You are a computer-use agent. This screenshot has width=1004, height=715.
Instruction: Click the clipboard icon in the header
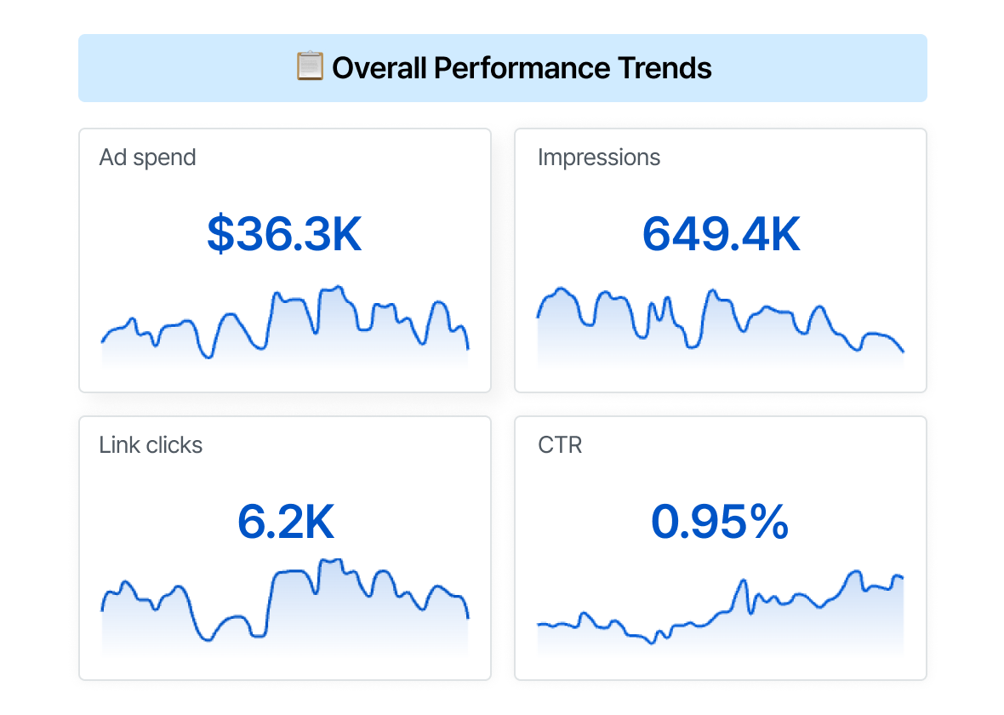[x=310, y=66]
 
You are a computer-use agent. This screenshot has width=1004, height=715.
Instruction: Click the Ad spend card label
[x=147, y=157]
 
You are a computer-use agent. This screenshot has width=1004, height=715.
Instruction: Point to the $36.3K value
[x=284, y=235]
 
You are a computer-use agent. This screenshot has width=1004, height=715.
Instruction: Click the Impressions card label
[x=599, y=157]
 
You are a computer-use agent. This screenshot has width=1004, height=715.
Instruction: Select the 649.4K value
[x=721, y=235]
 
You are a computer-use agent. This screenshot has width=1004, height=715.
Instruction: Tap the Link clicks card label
[x=151, y=445]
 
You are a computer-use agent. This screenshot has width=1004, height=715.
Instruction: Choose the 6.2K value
[x=285, y=523]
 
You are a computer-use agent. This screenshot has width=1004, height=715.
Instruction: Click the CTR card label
[x=560, y=445]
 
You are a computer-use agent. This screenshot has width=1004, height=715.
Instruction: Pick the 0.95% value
[x=720, y=523]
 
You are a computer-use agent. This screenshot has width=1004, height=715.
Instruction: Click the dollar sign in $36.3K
[x=220, y=235]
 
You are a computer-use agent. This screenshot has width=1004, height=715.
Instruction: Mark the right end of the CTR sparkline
[x=902, y=578]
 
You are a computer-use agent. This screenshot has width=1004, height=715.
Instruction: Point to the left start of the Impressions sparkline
[x=538, y=317]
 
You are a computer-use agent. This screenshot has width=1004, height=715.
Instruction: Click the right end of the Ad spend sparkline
[x=468, y=348]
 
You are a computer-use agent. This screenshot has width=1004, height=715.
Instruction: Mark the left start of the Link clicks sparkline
[x=102, y=609]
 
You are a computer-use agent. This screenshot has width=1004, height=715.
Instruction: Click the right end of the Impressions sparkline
[x=903, y=351]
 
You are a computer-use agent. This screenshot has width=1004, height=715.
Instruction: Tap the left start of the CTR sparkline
[x=538, y=625]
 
